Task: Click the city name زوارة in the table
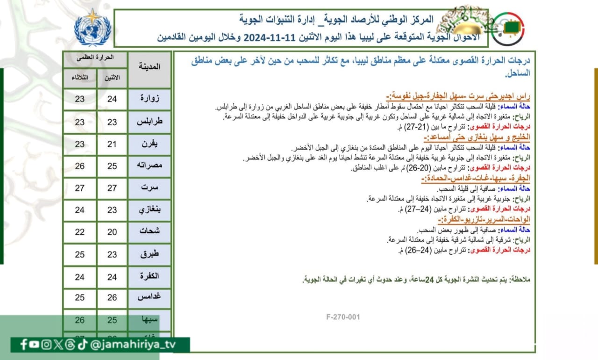149,99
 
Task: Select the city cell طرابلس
149,122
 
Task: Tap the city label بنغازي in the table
149,210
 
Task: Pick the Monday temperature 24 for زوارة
112,99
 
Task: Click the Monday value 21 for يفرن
112,144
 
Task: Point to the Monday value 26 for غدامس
112,298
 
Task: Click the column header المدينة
149,66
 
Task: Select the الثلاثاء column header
80,78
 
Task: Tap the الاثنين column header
112,78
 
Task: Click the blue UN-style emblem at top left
93,28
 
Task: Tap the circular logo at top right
508,29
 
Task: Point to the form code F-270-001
343,317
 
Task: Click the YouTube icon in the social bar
34,345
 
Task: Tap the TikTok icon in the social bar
82,345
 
